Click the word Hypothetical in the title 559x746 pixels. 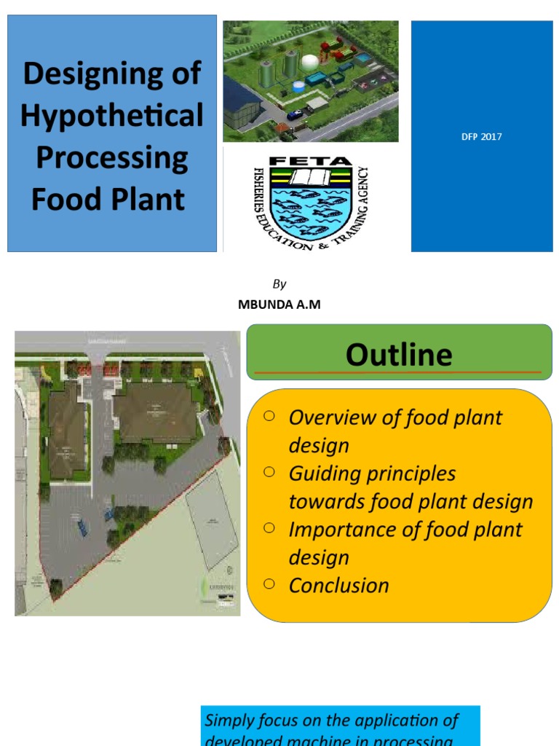pos(112,116)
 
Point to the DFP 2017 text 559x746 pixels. pos(482,136)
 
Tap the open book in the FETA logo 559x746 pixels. pos(311,177)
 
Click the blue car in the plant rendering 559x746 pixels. pos(294,114)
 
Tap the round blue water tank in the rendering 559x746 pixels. pos(299,86)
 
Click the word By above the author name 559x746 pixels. pos(279,284)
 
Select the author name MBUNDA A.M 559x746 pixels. pos(279,305)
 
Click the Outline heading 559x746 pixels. pos(399,355)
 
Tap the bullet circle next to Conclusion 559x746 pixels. pos(269,583)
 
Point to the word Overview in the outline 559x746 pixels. pos(323,417)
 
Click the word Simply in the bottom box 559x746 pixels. pos(229,721)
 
